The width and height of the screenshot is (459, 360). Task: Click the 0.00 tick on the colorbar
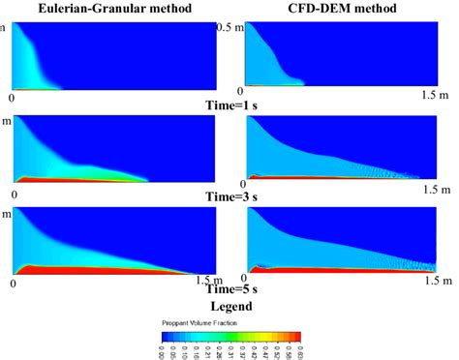pos(165,351)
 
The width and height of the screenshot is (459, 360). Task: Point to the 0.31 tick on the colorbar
pos(232,351)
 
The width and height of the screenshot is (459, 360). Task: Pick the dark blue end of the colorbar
pos(166,336)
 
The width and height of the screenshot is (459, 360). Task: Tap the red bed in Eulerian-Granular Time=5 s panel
pos(77,272)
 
